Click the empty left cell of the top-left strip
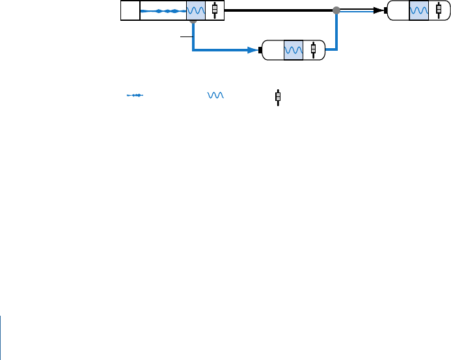[130, 11]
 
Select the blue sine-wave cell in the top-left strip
[196, 11]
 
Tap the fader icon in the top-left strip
[215, 11]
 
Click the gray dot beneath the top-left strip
[193, 21]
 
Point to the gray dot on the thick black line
[336, 10]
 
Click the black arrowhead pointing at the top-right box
[377, 10]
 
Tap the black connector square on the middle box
[260, 50]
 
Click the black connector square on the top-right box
[387, 10]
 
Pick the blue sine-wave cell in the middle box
[294, 50]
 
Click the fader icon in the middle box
[313, 50]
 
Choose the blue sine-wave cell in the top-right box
[419, 11]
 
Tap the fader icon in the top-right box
[439, 11]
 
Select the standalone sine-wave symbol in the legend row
[215, 96]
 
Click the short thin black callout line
[187, 38]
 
